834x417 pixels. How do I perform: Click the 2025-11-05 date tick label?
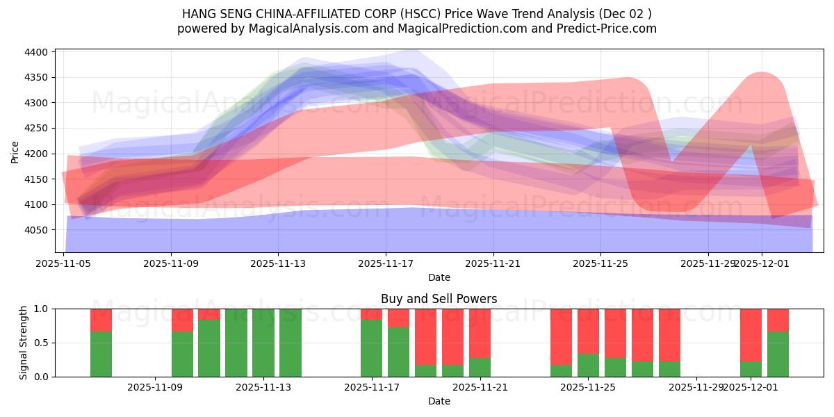tap(63, 263)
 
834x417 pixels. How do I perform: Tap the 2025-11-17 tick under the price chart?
tap(386, 263)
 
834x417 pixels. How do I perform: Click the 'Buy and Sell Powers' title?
tap(439, 299)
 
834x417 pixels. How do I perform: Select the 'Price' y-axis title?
tap(15, 152)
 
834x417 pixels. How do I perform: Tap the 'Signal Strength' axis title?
tap(24, 343)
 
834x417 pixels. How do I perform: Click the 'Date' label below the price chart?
tap(439, 277)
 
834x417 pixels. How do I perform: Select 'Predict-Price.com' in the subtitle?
tap(609, 28)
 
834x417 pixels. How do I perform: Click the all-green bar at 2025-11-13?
tap(263, 343)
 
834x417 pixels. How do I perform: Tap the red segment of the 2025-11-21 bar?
tap(480, 333)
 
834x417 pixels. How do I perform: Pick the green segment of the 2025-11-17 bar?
tap(372, 348)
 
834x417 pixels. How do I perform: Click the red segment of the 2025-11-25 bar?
tap(588, 331)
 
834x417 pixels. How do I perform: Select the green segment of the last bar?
tap(778, 354)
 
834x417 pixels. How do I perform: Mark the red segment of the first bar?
tap(101, 320)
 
